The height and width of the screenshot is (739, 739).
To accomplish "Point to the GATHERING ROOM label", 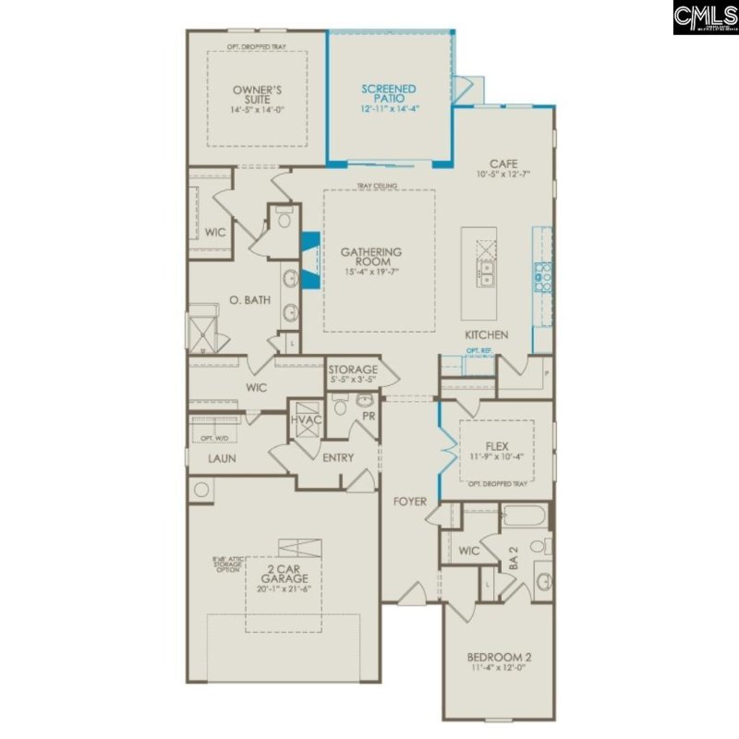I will pos(371,256).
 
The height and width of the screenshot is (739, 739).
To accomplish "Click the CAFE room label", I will pos(503,164).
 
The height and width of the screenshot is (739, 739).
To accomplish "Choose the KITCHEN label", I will pos(486,333).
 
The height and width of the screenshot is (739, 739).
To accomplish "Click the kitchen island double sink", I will pos(485,272).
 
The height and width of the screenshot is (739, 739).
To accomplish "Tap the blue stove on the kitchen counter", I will pos(542,273).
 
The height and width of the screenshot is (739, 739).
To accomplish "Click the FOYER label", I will pos(410,502).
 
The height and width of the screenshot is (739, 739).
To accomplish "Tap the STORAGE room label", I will pos(353,369).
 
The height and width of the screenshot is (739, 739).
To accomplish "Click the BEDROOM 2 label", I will pos(499,659).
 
